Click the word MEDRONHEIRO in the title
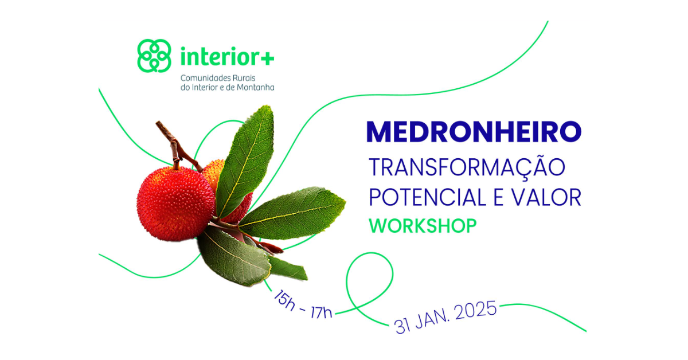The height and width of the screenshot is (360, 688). tap(474, 132)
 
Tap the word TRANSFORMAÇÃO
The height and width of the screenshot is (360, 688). tap(467, 167)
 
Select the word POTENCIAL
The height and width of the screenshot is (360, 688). tap(427, 197)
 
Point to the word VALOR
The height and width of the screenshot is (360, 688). tap(546, 197)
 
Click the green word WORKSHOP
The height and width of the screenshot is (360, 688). tap(423, 226)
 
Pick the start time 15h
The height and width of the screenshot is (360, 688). tap(284, 300)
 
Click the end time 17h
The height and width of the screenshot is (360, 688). tap(321, 312)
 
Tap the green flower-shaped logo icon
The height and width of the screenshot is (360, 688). tap(154, 56)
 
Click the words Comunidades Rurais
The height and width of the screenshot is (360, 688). tap(218, 78)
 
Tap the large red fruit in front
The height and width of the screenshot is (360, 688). tap(175, 204)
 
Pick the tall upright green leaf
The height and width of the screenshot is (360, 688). tap(245, 161)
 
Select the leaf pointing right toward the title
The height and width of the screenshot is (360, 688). tap(292, 213)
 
